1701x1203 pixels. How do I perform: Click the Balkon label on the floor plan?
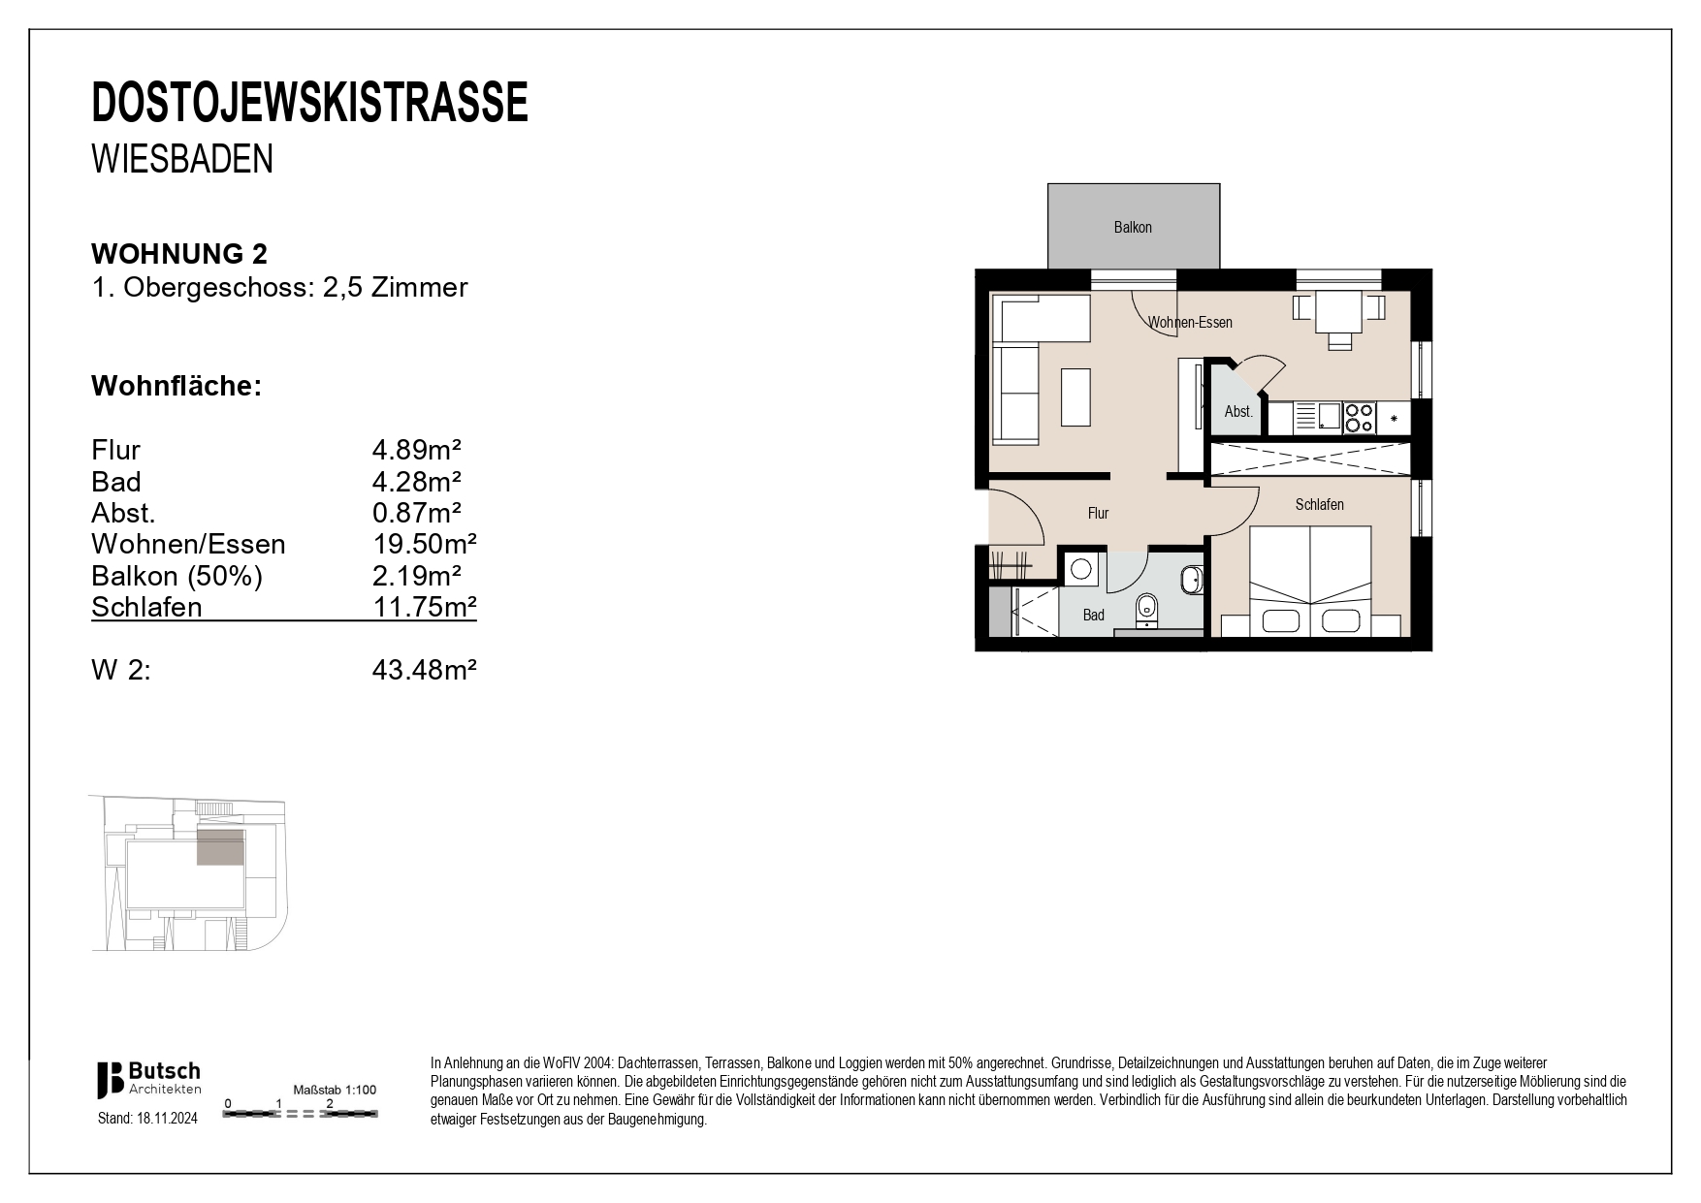click(1132, 228)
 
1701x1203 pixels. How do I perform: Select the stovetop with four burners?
click(1359, 418)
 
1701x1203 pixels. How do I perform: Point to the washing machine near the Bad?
click(1080, 569)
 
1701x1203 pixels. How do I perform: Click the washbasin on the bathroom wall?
click(1191, 581)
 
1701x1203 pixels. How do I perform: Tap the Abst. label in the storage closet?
click(1238, 412)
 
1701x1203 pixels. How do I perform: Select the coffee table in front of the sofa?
click(1075, 396)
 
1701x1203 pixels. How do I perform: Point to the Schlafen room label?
click(1319, 505)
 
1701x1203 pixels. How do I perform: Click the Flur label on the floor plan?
click(1098, 514)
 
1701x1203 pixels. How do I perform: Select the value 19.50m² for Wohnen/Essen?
click(424, 544)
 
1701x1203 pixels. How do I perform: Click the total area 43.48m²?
click(424, 670)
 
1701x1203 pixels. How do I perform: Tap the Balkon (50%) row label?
click(177, 576)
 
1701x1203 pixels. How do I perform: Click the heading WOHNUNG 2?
click(179, 254)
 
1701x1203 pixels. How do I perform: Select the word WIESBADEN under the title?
click(182, 160)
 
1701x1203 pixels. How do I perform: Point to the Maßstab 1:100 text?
click(335, 1090)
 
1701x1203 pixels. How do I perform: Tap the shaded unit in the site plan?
click(220, 846)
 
